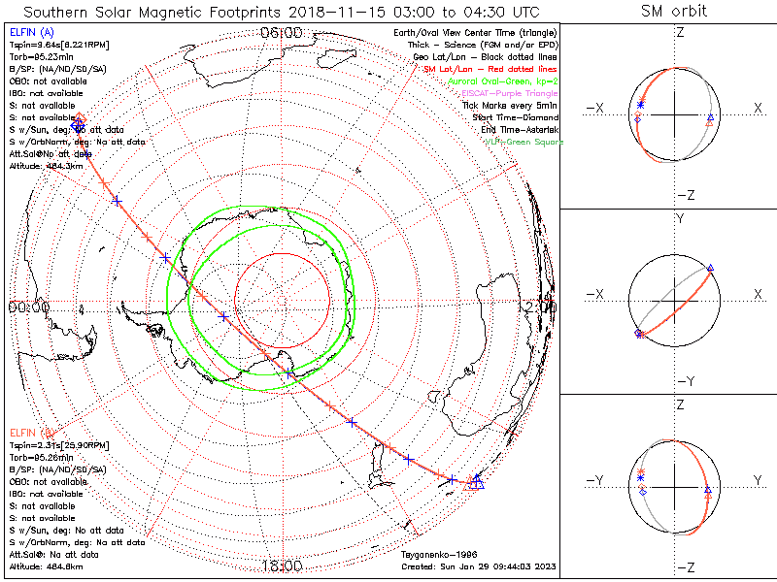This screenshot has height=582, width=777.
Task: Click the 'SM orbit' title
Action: tap(674, 12)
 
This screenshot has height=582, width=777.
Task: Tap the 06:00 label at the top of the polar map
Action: tap(282, 33)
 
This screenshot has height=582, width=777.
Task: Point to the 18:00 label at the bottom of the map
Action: tap(282, 566)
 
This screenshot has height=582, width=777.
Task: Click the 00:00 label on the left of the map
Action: tap(28, 307)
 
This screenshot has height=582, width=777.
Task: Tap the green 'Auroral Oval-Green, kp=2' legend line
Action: tap(501, 81)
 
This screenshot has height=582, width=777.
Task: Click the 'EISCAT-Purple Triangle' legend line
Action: tap(511, 93)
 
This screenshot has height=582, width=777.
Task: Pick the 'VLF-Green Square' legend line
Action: tap(524, 143)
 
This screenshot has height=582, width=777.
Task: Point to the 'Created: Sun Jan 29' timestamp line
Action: tap(479, 566)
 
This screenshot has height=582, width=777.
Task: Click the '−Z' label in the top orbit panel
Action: tap(686, 194)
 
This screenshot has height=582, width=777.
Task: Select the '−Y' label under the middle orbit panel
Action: tap(686, 380)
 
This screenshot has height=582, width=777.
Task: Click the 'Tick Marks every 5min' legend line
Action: tap(509, 106)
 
